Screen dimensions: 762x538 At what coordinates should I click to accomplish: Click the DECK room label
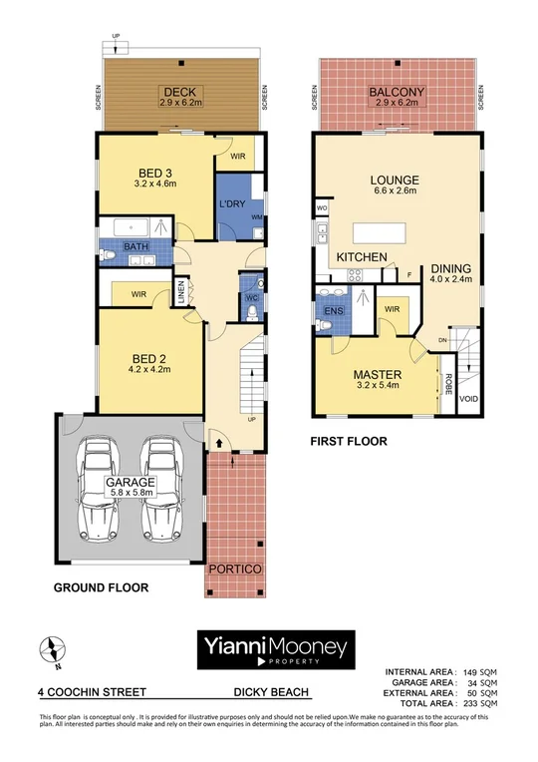[x=181, y=89]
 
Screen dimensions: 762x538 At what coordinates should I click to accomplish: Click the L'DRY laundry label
[x=232, y=204]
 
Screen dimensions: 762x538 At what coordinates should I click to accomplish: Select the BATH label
[x=135, y=246]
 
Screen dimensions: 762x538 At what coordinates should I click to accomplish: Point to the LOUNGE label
[x=396, y=181]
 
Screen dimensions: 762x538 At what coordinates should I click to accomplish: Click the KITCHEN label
[x=361, y=257]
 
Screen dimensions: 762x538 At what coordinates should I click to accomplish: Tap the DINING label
[x=451, y=267]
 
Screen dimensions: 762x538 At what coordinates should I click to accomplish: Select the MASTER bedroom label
[x=378, y=376]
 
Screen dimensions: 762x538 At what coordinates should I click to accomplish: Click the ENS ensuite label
[x=332, y=310]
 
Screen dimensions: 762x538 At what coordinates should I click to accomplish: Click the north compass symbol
[x=48, y=650]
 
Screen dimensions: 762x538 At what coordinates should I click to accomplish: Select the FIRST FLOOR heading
[x=349, y=441]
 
